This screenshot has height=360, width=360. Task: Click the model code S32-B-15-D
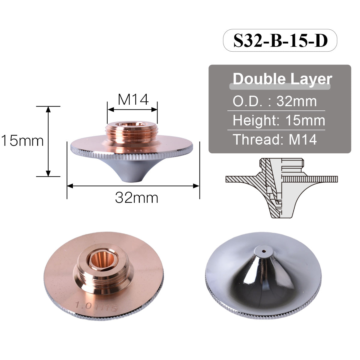pos(280,40)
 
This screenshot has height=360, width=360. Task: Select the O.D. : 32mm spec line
pos(274,101)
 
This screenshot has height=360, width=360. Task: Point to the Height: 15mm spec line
pos(279,121)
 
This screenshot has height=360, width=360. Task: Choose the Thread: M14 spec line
pos(274,139)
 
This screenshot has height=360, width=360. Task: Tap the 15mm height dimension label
pos(22,141)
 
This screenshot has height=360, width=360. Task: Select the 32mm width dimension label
pos(136,198)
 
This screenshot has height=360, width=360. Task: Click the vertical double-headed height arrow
pos(48,141)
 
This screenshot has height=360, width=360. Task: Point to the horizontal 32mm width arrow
pos(133,186)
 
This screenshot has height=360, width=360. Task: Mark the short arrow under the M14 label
pos(132,109)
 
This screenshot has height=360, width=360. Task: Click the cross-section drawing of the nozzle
pos(281,187)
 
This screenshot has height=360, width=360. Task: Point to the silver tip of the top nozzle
pos(131,177)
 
